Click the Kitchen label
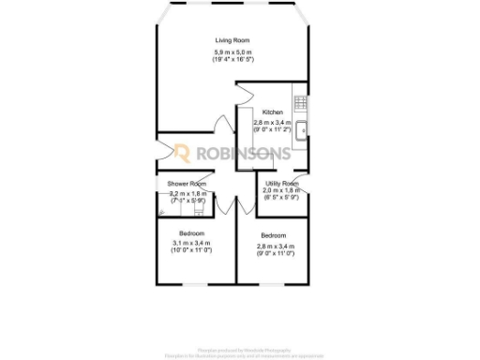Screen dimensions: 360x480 (273, 112)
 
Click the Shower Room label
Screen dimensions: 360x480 (186, 184)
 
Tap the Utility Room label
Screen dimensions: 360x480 (281, 184)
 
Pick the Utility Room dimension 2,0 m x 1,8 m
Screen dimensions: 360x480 (281, 190)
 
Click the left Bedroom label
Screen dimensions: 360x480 (192, 232)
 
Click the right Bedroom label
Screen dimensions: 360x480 (273, 235)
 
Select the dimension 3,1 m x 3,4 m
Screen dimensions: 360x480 (192, 244)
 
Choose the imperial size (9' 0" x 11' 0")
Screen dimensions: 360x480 (273, 253)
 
